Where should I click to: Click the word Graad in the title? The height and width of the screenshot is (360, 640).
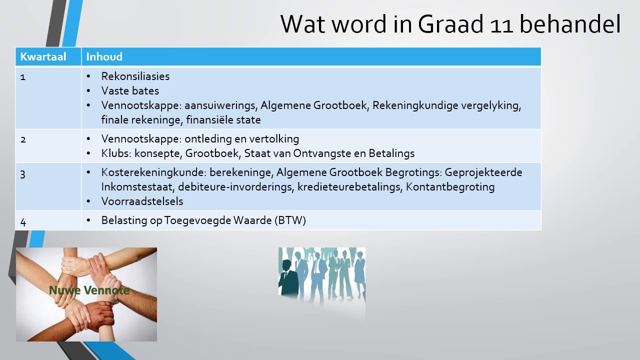pyautogui.click(x=450, y=24)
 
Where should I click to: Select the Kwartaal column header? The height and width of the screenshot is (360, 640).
pyautogui.click(x=43, y=56)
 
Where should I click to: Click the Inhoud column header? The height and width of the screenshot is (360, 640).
pyautogui.click(x=104, y=56)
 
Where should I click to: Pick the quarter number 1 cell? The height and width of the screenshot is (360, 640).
pyautogui.click(x=23, y=77)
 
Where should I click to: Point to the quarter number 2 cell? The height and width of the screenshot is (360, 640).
pyautogui.click(x=23, y=139)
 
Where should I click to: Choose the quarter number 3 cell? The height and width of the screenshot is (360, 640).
pyautogui.click(x=23, y=174)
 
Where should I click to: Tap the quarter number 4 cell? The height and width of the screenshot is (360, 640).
pyautogui.click(x=23, y=222)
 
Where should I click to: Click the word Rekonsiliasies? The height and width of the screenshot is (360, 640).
pyautogui.click(x=135, y=76)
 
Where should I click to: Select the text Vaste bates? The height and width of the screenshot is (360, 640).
pyautogui.click(x=130, y=91)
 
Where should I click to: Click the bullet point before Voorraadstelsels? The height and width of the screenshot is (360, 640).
pyautogui.click(x=88, y=201)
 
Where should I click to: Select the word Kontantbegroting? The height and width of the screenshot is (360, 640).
pyautogui.click(x=450, y=187)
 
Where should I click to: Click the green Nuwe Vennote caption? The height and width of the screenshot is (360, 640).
pyautogui.click(x=89, y=290)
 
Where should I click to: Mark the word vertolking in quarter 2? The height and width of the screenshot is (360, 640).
pyautogui.click(x=274, y=139)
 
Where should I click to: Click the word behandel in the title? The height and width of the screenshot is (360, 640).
pyautogui.click(x=570, y=24)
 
